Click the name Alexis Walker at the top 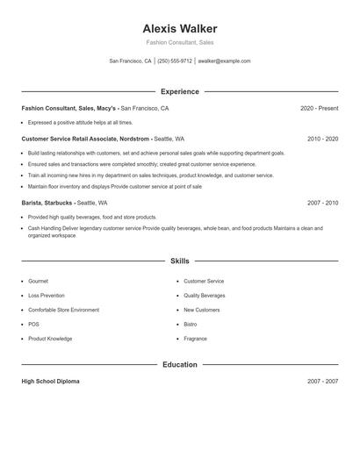pyautogui.click(x=179, y=29)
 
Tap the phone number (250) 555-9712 pyautogui.click(x=175, y=61)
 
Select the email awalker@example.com pyautogui.click(x=224, y=61)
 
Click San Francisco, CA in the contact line pyautogui.click(x=130, y=61)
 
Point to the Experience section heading pyautogui.click(x=179, y=91)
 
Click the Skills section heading pyautogui.click(x=179, y=261)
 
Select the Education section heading pyautogui.click(x=179, y=364)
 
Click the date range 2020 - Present pyautogui.click(x=319, y=108)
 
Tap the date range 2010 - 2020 pyautogui.click(x=322, y=139)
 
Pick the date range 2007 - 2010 pyautogui.click(x=322, y=203)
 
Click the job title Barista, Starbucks pyautogui.click(x=48, y=203)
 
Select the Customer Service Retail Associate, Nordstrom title pyautogui.click(x=85, y=139)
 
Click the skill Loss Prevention pyautogui.click(x=46, y=296)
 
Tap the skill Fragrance pyautogui.click(x=195, y=339)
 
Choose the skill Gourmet pyautogui.click(x=38, y=281)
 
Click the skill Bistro pyautogui.click(x=191, y=324)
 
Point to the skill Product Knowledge pyautogui.click(x=50, y=339)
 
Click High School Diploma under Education pyautogui.click(x=52, y=382)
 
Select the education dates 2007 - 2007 pyautogui.click(x=322, y=382)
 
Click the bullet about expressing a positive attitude pyautogui.click(x=80, y=123)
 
